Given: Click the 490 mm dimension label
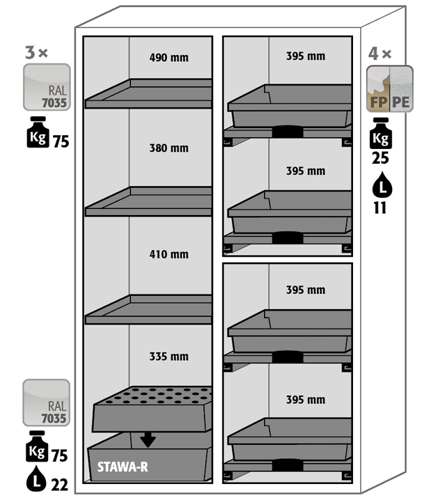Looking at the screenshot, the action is coord(169,58).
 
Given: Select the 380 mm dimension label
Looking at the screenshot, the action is coord(169,148).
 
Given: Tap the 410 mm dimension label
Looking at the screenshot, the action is coord(169,254).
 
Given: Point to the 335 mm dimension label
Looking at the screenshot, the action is coord(169,357).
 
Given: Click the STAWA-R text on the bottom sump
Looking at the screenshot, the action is coord(123,467).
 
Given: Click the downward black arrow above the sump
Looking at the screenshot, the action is coord(148,439).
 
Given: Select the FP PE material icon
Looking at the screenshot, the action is coord(389,88).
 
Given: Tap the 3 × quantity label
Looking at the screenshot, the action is coord(36,53).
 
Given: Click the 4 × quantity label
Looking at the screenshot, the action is coord(380,54).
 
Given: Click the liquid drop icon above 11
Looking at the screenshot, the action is coord(382,185).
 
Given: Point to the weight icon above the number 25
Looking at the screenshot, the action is coord(381,133).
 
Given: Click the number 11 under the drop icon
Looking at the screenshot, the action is coord(380,208).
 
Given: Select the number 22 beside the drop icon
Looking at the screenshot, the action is coord(60,485).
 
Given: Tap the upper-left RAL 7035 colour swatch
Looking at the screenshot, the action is coord(47,87).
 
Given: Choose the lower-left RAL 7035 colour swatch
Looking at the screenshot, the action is coord(46,403).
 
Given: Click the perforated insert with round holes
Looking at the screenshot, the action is coord(152,409).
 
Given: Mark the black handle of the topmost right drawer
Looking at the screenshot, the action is coord(288,131).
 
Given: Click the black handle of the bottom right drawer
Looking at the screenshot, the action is coord(288,465).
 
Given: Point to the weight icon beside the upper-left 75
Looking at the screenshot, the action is coord(38,132).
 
